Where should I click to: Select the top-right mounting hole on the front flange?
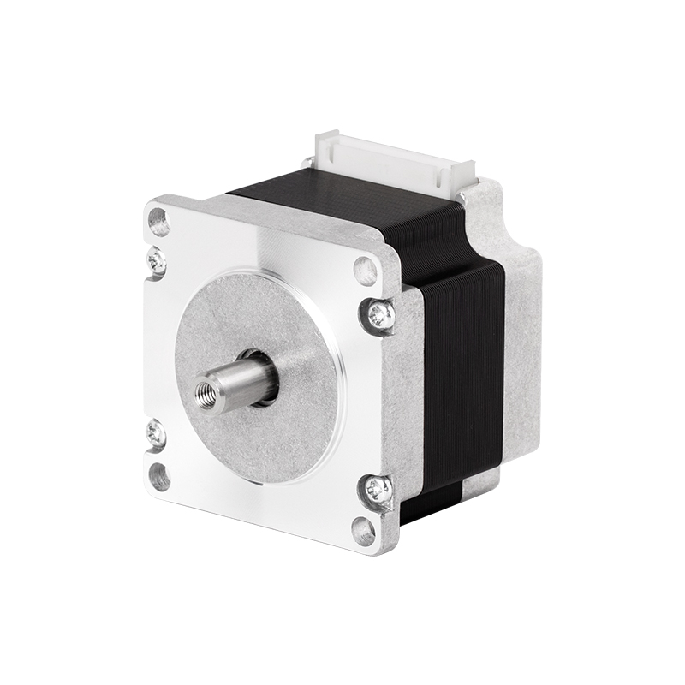[366, 271]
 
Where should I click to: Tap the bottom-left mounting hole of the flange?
[159, 475]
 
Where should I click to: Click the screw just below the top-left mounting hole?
[157, 262]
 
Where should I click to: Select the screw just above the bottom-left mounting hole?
[156, 434]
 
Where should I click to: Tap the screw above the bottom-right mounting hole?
[378, 490]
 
